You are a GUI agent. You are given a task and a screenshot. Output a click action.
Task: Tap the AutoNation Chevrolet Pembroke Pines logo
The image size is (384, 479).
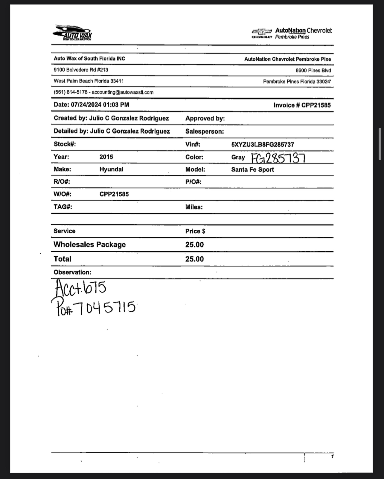click(292, 33)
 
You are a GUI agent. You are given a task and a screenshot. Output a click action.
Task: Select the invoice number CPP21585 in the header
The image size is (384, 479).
click(316, 105)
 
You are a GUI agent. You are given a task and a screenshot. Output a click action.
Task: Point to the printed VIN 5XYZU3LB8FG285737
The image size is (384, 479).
click(263, 145)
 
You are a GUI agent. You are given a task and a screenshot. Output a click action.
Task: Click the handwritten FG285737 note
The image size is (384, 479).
click(278, 158)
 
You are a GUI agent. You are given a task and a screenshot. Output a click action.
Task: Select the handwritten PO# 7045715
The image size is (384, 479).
click(94, 307)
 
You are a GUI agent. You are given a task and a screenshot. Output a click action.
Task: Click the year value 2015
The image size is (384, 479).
click(106, 157)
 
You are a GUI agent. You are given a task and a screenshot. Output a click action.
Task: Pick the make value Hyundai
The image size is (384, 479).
click(111, 169)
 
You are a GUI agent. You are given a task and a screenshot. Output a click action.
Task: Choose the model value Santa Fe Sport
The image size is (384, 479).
click(252, 170)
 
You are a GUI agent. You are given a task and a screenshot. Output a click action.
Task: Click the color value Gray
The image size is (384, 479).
click(238, 157)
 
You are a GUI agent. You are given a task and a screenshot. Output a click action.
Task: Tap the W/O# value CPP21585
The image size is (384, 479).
click(114, 194)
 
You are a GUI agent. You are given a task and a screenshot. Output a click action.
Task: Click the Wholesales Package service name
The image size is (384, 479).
click(89, 244)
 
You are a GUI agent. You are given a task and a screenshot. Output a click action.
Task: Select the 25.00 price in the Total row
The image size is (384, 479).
click(194, 259)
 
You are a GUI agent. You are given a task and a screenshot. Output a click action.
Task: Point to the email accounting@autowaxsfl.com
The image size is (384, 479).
click(123, 92)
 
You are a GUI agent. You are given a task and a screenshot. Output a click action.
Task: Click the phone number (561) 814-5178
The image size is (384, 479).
click(71, 92)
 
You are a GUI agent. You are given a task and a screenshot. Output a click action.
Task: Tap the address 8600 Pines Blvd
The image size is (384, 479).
click(313, 71)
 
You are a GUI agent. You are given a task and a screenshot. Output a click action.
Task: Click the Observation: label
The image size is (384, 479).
click(72, 272)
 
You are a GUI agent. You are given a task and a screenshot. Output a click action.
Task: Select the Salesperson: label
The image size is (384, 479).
click(205, 131)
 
